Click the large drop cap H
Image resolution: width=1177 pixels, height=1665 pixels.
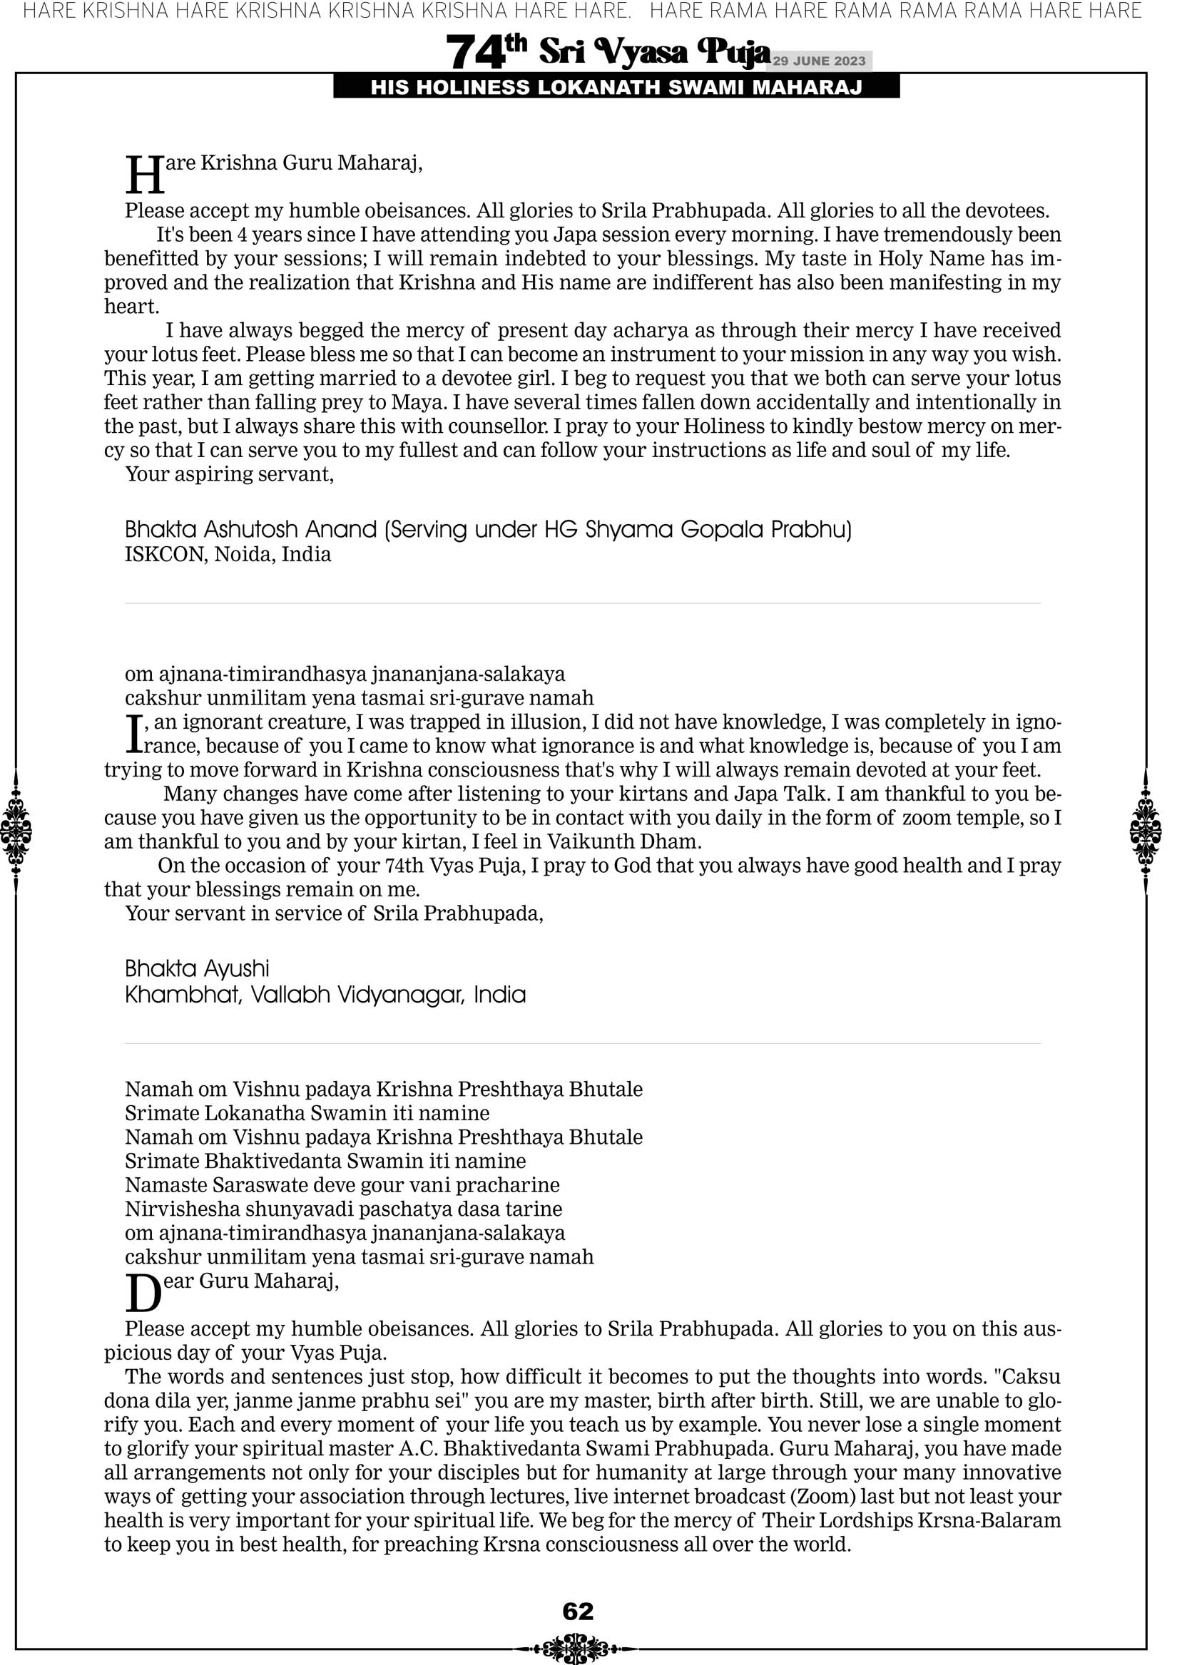(x=144, y=176)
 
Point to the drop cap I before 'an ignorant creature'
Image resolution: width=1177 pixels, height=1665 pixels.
(x=133, y=733)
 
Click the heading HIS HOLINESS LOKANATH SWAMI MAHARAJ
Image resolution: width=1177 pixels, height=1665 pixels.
(x=616, y=88)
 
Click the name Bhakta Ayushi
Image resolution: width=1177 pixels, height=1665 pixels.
(x=197, y=969)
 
